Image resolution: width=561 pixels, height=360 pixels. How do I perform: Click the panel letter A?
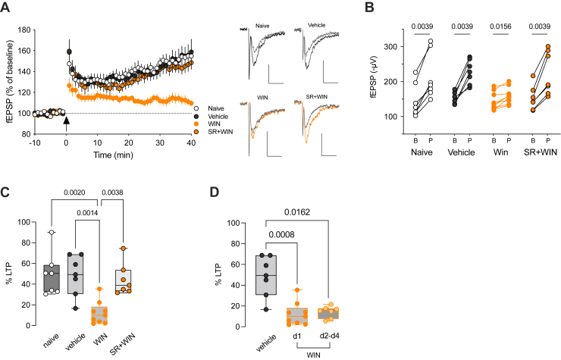[x=7, y=8]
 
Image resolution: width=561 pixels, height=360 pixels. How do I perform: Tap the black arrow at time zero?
[x=67, y=120]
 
